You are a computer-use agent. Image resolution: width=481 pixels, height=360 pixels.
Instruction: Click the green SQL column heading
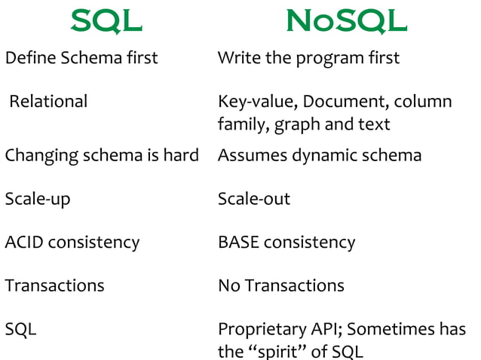click(106, 22)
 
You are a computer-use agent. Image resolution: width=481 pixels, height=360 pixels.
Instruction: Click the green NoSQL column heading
click(346, 22)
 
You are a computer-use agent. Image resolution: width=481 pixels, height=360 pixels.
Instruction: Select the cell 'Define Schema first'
click(81, 58)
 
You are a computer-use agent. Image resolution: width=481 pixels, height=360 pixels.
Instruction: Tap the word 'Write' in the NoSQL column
click(237, 58)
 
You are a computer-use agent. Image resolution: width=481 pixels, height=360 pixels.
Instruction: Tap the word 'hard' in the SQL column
click(182, 155)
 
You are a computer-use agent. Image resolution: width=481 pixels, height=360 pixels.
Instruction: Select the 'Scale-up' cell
click(37, 200)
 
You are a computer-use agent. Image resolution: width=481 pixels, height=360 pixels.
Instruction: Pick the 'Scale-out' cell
click(253, 199)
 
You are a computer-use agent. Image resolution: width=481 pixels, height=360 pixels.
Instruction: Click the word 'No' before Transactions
click(228, 285)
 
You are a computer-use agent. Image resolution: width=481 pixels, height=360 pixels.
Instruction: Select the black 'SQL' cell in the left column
click(20, 329)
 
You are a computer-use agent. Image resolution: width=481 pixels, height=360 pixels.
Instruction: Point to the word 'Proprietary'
click(260, 330)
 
